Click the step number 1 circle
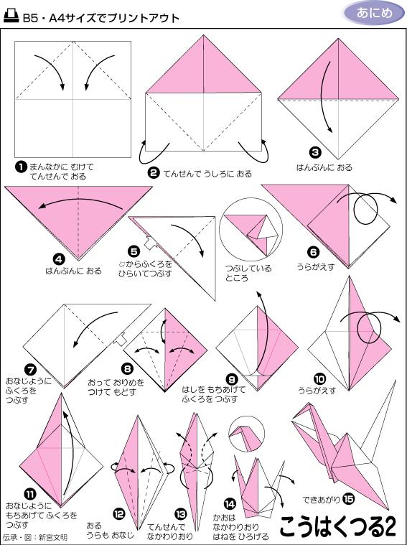(21, 167)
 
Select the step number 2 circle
(153, 172)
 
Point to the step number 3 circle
(315, 153)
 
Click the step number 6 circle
(313, 251)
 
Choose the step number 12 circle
(120, 514)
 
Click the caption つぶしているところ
(248, 273)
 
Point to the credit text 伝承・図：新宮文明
(35, 536)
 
